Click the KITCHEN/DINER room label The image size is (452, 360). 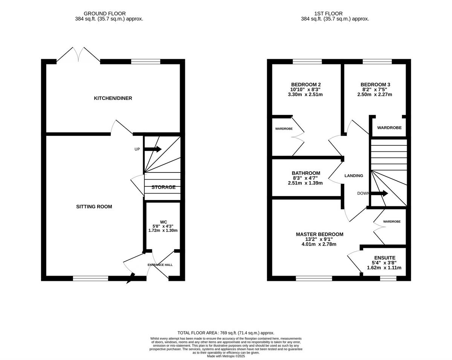click(x=108, y=98)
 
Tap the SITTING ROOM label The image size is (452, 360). click(x=94, y=207)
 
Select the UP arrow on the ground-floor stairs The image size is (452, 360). click(x=153, y=149)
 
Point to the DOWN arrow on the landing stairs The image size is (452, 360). click(x=379, y=194)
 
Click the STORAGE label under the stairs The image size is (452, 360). click(x=163, y=187)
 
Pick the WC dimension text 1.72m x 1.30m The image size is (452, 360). click(x=163, y=230)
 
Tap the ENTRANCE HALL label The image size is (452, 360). click(x=160, y=265)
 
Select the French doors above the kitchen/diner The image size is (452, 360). click(x=78, y=55)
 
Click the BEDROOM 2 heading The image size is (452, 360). click(x=306, y=84)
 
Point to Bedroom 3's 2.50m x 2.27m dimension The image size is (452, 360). click(x=375, y=95)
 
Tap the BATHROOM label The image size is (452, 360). click(x=306, y=173)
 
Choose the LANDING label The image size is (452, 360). click(x=354, y=176)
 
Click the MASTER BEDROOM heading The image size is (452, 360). click(x=319, y=234)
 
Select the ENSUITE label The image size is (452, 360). click(x=385, y=258)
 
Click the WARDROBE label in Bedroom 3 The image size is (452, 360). click(x=389, y=128)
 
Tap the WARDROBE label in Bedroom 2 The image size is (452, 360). click(x=284, y=129)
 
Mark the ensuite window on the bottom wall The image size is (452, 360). click(x=388, y=278)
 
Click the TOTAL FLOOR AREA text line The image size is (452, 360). click(x=226, y=333)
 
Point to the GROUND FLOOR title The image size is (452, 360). click(x=105, y=14)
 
